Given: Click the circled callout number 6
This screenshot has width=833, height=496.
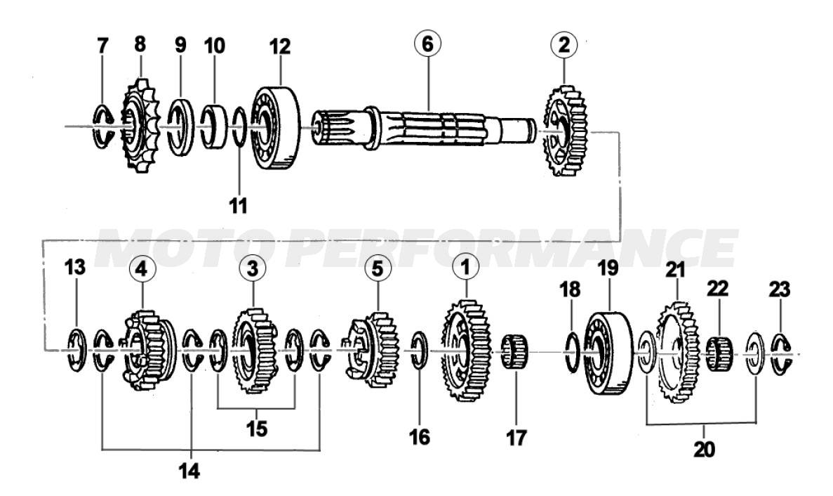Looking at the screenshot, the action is coord(427,44).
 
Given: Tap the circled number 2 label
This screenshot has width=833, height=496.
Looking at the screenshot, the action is coord(564,45).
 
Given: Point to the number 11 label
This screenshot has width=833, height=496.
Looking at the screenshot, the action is coord(238,204).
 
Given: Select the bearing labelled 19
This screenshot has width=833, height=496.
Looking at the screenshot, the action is coord(609,353).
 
